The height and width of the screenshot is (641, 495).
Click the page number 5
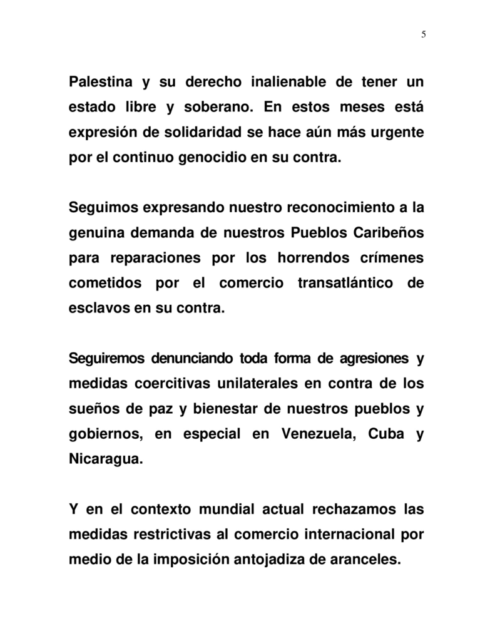pyautogui.click(x=424, y=34)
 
